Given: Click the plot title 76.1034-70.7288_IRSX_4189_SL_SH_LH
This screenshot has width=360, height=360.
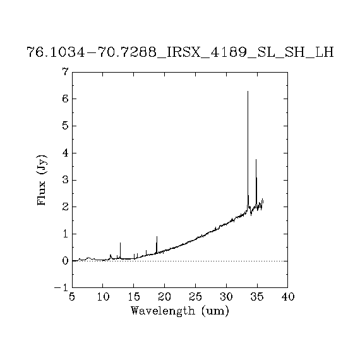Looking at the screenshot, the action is coord(180,52).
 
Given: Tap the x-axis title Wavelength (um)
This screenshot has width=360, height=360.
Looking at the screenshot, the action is coord(180,311).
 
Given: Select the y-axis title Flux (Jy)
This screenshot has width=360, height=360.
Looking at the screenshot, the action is coord(42,180).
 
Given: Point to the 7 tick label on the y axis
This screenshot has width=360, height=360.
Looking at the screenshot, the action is coord(66,72).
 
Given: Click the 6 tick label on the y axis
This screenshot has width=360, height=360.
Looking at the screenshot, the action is coord(66,99).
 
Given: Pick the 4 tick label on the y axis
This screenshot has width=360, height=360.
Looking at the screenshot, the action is coord(66,153).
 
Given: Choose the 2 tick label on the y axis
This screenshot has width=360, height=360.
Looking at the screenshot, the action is coord(66,207).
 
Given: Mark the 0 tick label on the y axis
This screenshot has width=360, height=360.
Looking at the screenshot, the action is coord(66,261).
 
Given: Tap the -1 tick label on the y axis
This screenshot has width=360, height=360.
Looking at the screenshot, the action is coord(61,287).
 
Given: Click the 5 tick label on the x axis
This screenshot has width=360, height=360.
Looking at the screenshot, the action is coord(72,297).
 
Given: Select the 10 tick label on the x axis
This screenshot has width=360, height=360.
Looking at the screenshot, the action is coord(103,297).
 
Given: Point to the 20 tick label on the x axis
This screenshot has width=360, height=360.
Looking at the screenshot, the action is coord(165,297).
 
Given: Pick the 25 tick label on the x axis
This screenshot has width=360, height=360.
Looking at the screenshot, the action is coord(195,297).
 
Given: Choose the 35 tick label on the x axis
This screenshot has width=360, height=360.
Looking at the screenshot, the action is coord(257,297).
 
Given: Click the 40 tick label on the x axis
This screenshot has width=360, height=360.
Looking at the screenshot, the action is coord(287,297).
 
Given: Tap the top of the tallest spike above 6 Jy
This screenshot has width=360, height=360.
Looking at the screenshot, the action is coord(248,92).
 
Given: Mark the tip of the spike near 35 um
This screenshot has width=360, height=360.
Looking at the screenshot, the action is coord(256,159).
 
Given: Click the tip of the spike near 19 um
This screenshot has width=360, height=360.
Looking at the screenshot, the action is coord(157,236).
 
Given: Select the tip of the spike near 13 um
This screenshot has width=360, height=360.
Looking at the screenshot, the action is coord(120,243).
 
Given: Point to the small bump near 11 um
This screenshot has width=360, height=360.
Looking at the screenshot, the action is coord(111,255).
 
